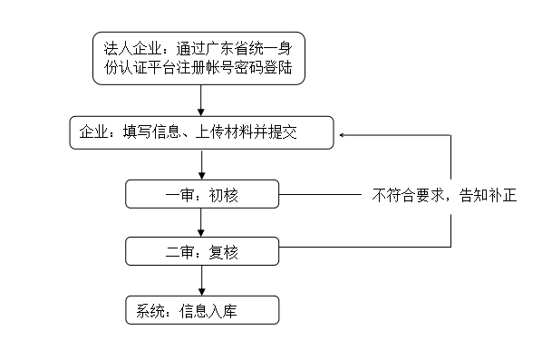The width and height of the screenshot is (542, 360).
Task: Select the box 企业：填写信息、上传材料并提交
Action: [201, 134]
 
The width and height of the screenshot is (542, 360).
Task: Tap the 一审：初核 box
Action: [201, 194]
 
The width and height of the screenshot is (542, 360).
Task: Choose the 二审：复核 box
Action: [201, 251]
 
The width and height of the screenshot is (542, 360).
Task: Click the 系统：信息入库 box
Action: [201, 311]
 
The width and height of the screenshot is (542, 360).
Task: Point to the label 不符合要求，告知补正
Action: [443, 195]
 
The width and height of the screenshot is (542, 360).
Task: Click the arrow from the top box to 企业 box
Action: [202, 101]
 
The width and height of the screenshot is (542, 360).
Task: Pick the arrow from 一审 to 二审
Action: [202, 223]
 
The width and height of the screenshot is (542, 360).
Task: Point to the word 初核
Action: [222, 195]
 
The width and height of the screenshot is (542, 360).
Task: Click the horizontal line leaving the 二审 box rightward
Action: [363, 247]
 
